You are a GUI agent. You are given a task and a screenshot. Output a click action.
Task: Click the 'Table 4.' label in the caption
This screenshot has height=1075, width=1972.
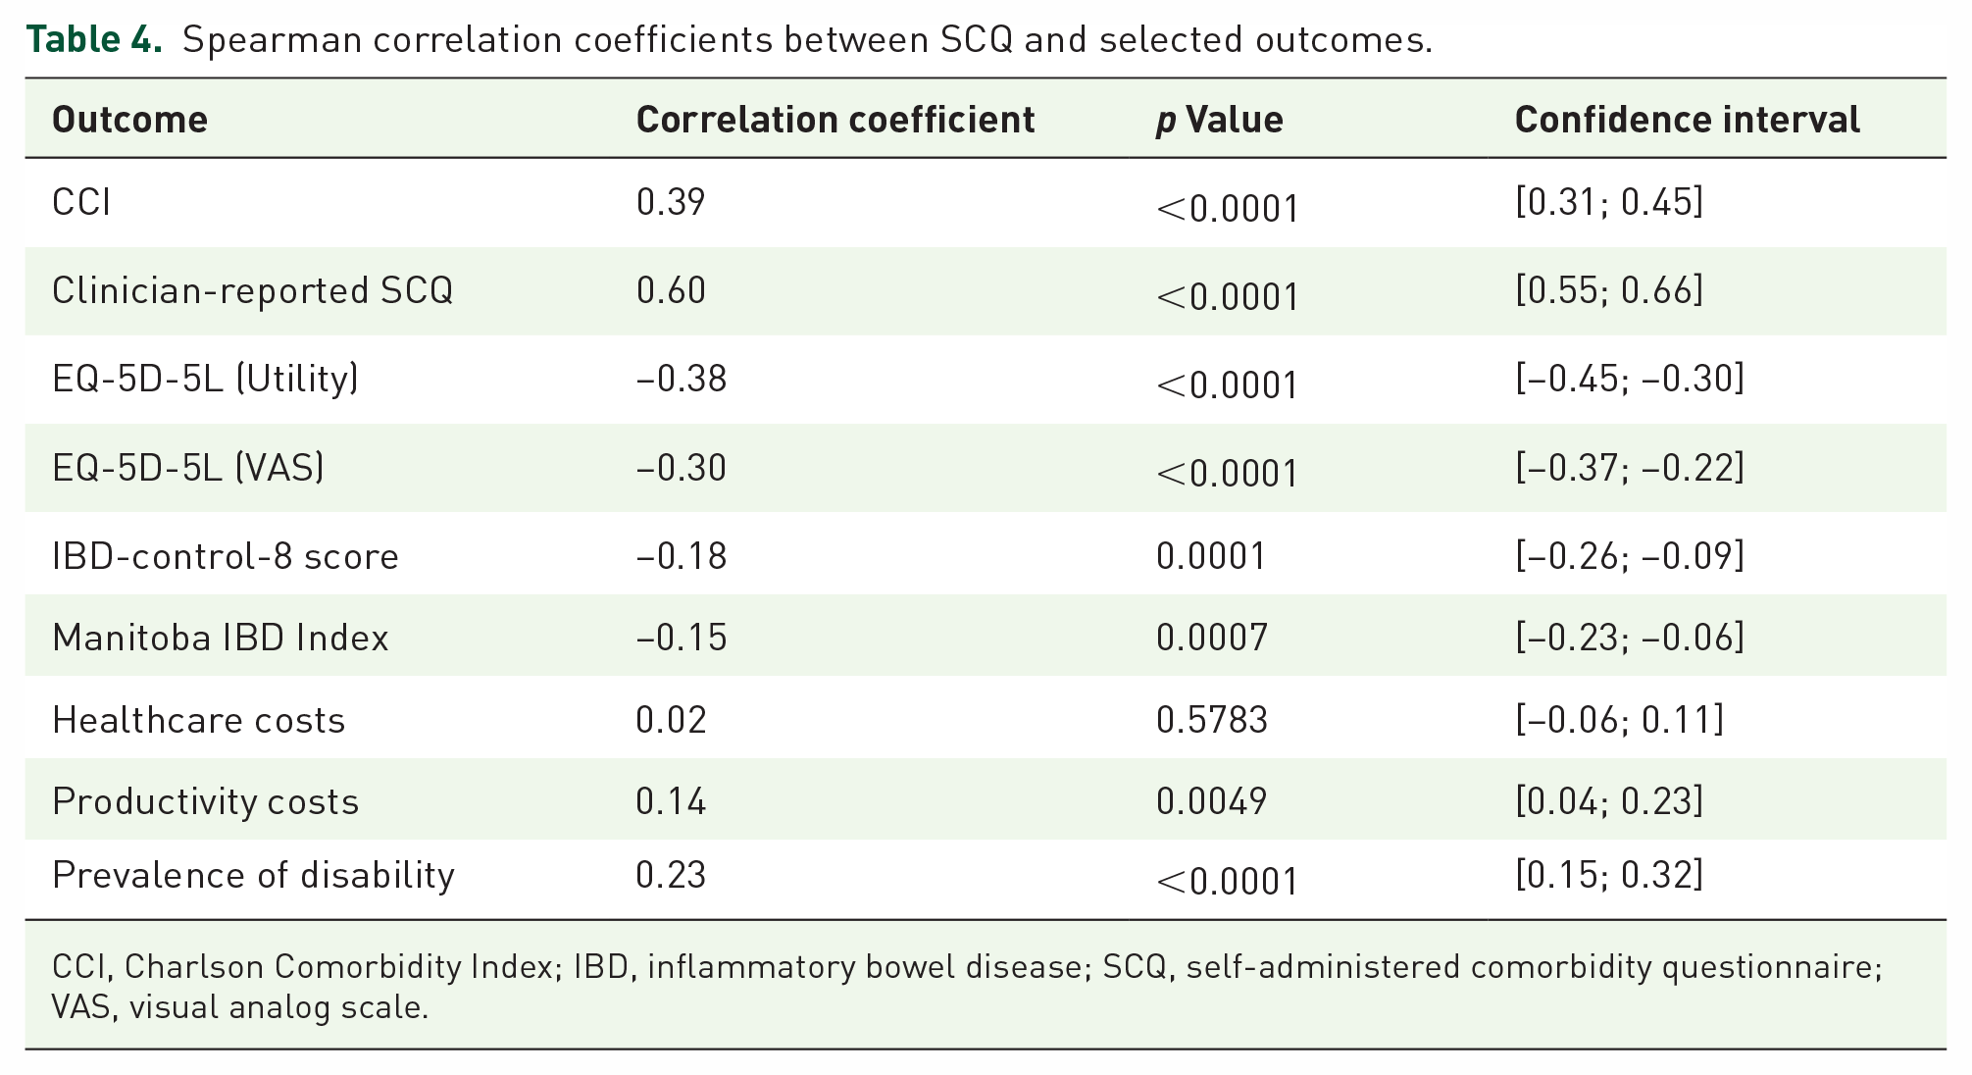click(x=94, y=39)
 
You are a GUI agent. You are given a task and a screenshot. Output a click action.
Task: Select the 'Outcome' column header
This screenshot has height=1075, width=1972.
click(x=129, y=120)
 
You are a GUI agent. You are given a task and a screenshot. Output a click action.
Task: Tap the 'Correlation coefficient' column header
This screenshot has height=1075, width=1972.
click(x=835, y=120)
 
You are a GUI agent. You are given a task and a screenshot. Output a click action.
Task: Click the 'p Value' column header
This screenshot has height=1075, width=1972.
click(x=1220, y=120)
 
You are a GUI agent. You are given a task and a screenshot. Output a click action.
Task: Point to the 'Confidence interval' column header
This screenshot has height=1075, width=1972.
click(x=1688, y=120)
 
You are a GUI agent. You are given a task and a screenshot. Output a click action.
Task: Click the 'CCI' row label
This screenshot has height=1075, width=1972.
click(x=81, y=202)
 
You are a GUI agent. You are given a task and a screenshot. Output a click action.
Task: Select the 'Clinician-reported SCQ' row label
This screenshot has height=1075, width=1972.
click(x=253, y=290)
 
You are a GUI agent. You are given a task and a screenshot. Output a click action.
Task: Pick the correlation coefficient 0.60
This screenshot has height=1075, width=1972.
click(x=671, y=290)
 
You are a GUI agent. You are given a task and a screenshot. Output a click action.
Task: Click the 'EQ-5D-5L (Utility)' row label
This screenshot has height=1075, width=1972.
click(x=206, y=379)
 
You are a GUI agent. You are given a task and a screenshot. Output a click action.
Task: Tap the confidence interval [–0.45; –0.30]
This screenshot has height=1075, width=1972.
click(x=1630, y=379)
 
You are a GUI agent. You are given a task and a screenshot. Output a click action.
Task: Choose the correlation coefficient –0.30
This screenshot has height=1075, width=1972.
click(x=682, y=468)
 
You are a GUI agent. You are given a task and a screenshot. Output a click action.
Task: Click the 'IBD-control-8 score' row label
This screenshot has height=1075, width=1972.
click(x=226, y=556)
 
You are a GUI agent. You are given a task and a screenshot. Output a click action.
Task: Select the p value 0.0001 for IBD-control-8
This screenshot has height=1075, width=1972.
click(x=1211, y=556)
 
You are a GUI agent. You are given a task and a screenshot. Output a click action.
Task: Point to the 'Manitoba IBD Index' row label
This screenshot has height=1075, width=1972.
click(x=221, y=638)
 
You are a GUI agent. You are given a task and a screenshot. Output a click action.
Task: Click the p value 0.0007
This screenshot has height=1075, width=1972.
click(x=1212, y=638)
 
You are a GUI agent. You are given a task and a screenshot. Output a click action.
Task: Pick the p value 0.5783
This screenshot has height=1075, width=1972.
click(x=1212, y=720)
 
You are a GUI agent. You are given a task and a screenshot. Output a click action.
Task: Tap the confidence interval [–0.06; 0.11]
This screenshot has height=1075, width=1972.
click(x=1619, y=720)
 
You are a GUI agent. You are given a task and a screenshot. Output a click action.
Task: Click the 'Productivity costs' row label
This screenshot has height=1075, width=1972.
click(x=206, y=801)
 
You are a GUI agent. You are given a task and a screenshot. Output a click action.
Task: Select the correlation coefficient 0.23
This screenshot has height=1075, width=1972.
click(x=671, y=875)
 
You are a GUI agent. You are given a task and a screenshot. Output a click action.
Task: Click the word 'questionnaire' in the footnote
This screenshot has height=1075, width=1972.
click(x=1772, y=967)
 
